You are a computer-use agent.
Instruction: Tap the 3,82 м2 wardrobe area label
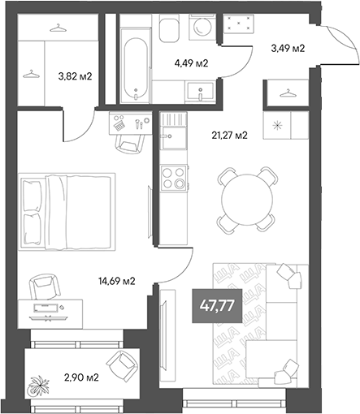(74, 77)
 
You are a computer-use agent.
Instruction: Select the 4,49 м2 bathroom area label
(192, 63)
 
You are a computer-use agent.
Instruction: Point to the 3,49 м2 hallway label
(288, 49)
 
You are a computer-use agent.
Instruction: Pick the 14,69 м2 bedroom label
(115, 282)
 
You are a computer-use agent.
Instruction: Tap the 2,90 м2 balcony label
(81, 378)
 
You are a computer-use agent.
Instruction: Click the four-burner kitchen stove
(174, 178)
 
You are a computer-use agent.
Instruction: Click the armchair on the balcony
(125, 368)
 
